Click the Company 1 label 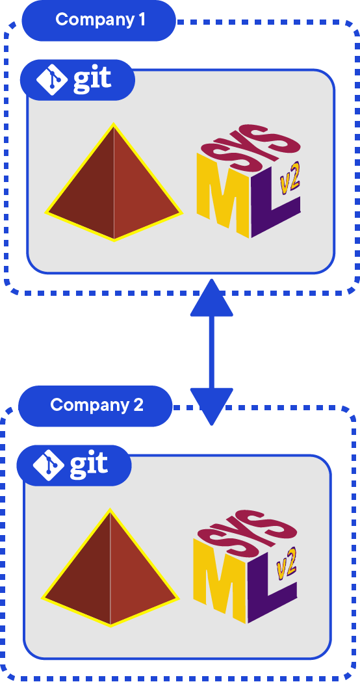point(99,20)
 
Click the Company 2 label point(96,405)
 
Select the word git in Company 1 point(92,80)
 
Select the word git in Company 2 point(89,465)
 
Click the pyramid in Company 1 point(114,189)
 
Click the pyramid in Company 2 point(110,574)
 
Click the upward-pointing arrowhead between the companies point(211,300)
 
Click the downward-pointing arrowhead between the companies point(211,404)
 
